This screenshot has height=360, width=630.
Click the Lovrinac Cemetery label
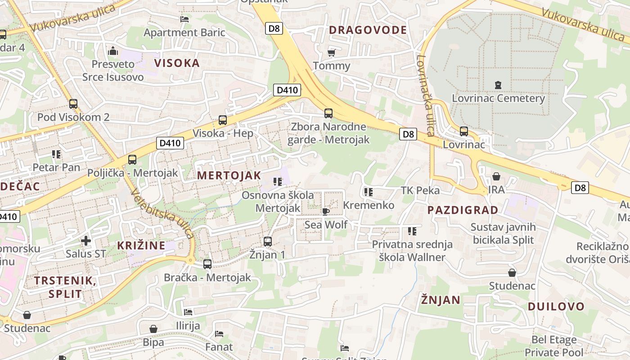coord(498,98)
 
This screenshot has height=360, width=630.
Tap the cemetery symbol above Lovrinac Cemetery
coord(498,85)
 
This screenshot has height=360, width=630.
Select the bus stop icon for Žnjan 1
coord(268,242)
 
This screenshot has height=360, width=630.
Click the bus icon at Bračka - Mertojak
coord(207,264)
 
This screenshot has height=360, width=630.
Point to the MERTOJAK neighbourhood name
coord(229,175)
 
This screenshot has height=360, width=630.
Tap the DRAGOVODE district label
coord(368,30)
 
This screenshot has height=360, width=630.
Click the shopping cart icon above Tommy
coord(332,53)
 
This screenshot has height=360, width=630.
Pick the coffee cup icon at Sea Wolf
coord(325,211)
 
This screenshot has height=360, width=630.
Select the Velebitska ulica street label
coord(163,214)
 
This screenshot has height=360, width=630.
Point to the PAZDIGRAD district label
coord(463,210)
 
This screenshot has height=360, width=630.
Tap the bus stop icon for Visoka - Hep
coord(223,120)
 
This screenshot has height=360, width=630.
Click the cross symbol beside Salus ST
coord(85,241)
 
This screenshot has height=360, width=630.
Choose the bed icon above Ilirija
coord(188,312)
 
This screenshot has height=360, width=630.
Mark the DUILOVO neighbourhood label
coord(556,307)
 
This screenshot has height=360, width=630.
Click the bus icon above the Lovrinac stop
coord(463,131)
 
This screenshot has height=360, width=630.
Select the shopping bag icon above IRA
coord(496,176)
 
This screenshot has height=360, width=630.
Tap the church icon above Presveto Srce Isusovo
coord(113,50)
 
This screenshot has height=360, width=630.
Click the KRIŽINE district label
coord(141,246)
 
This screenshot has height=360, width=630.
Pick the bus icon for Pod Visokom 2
coord(73,104)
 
